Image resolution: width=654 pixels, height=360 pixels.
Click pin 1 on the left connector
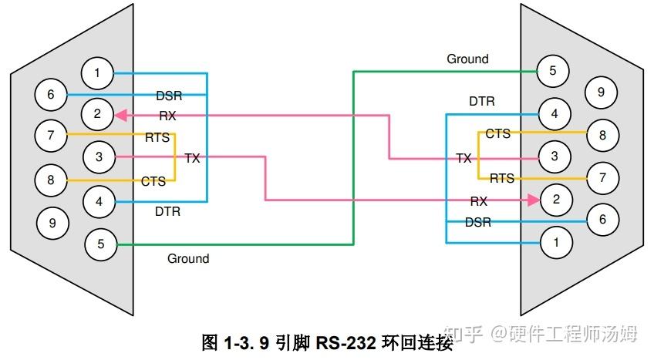tap(97, 74)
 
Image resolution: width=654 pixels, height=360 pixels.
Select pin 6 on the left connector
tap(51, 95)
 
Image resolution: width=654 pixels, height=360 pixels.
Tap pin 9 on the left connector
tap(52, 224)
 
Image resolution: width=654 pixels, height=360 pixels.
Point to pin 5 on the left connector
tap(100, 244)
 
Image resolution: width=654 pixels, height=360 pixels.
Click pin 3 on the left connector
tap(98, 157)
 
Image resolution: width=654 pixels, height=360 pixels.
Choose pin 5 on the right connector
tap(552, 71)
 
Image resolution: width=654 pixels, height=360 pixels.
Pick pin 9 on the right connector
tap(600, 93)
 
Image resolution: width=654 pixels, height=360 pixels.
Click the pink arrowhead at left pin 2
tap(120, 116)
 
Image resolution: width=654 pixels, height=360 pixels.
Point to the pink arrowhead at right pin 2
tap(531, 200)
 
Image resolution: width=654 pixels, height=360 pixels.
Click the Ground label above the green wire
tap(467, 59)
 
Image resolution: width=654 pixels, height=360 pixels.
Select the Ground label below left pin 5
tap(188, 258)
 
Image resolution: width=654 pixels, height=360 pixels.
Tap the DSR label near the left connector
tap(169, 96)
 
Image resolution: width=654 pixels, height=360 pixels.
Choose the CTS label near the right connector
tap(497, 134)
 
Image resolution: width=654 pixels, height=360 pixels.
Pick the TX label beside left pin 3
tap(192, 158)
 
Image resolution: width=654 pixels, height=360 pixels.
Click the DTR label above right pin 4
tap(482, 101)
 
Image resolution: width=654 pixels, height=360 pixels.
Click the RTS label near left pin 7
tap(157, 139)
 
